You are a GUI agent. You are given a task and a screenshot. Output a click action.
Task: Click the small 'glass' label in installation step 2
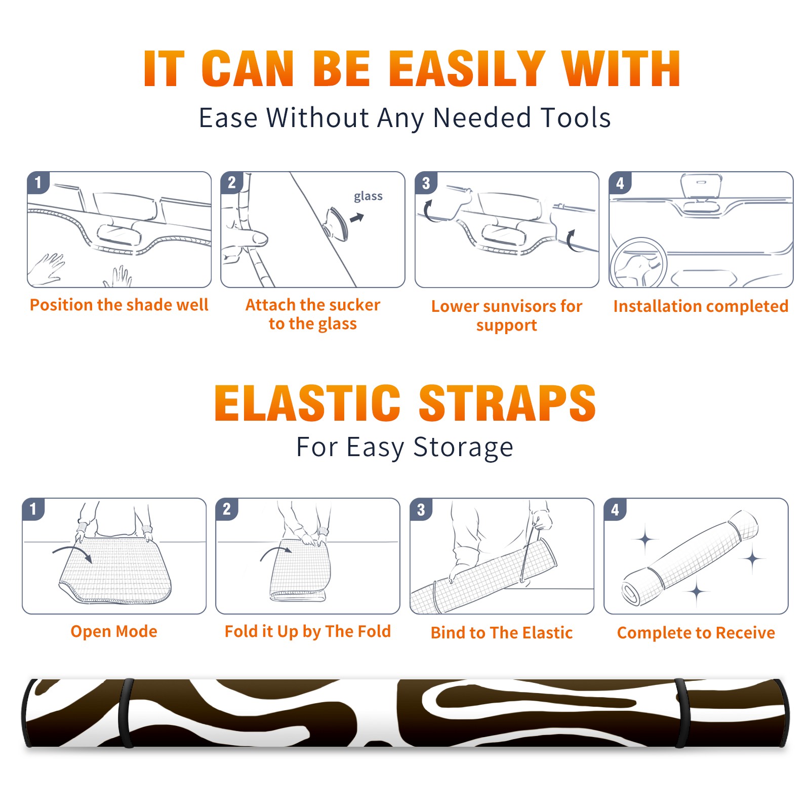368,196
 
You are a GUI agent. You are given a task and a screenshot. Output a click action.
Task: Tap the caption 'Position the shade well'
119,305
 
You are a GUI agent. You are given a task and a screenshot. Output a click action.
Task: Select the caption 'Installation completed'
701,306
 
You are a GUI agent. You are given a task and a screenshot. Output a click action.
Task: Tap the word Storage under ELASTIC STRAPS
463,448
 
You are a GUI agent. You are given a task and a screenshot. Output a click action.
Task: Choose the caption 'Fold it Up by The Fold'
308,631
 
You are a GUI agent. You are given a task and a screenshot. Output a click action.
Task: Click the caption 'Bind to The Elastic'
502,633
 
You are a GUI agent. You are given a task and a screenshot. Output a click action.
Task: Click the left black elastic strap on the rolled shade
126,713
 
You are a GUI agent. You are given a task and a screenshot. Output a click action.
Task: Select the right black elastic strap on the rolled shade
682,713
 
